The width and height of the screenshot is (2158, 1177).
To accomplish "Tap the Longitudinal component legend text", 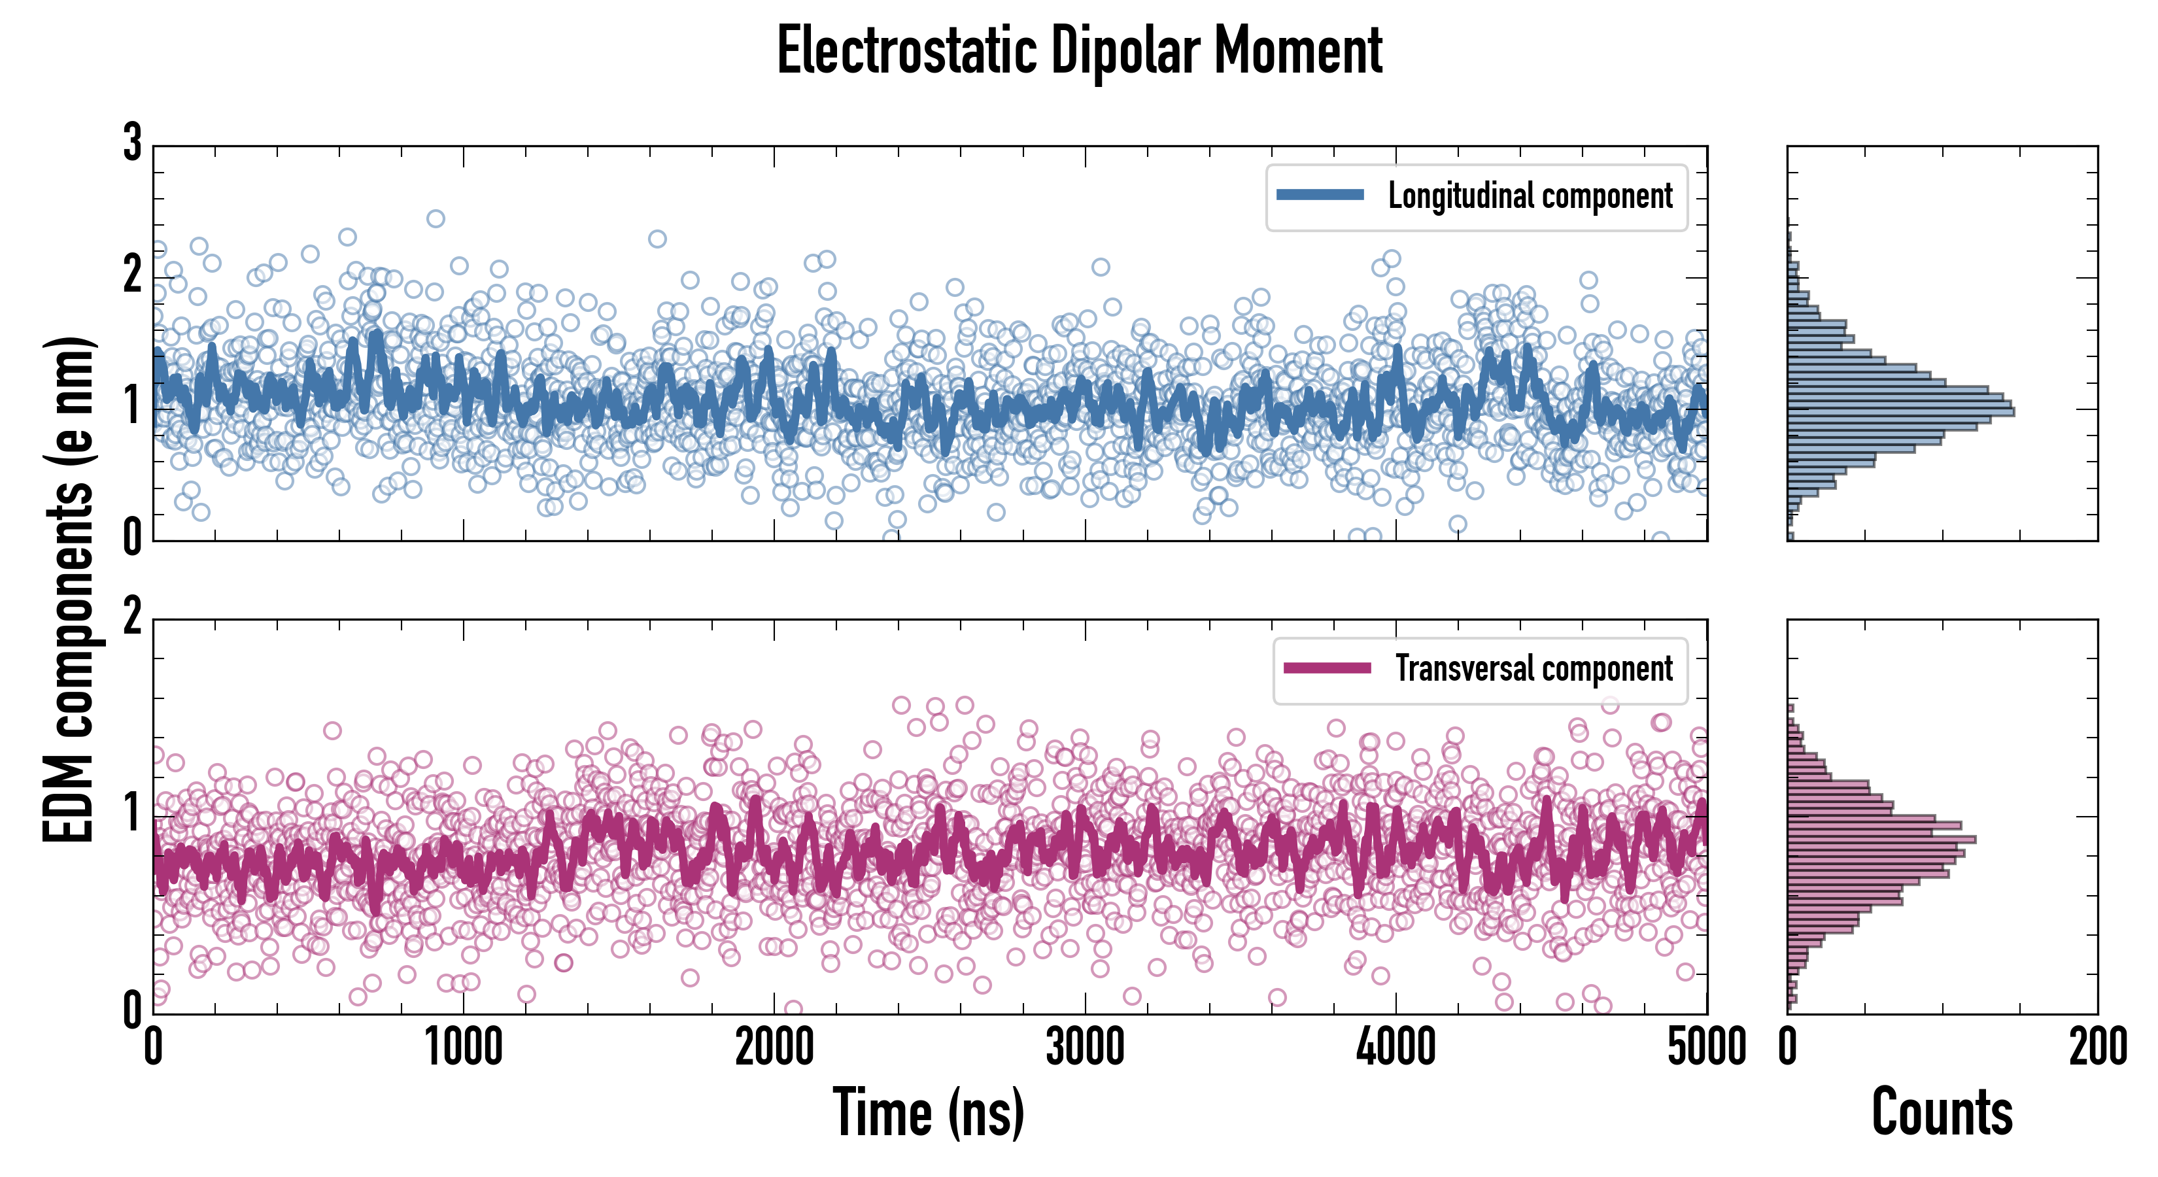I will (1530, 196).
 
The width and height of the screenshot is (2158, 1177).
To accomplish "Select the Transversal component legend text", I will (1533, 668).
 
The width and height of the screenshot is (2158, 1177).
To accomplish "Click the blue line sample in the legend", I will (1320, 196).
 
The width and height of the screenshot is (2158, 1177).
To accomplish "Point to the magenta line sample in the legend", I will (1327, 668).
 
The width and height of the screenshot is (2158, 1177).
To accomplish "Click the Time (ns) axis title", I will (928, 1112).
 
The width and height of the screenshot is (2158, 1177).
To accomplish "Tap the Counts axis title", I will (1942, 1112).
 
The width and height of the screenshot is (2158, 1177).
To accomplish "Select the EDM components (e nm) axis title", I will (69, 590).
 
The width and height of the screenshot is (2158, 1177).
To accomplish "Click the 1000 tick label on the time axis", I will (463, 1047).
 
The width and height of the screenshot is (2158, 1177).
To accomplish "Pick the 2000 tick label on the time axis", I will (774, 1047).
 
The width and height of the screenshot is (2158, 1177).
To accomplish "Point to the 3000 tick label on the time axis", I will (1085, 1047).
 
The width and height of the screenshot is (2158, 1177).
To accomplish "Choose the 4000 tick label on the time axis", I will (1396, 1047).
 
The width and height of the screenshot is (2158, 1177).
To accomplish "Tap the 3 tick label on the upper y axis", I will (132, 143).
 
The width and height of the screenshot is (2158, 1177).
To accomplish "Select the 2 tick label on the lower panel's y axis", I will (132, 617).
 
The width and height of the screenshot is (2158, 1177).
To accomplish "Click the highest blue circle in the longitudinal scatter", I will (436, 218).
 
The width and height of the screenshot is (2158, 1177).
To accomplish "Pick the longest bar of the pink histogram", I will (1881, 838).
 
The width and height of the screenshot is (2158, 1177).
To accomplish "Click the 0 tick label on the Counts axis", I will (1788, 1047).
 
